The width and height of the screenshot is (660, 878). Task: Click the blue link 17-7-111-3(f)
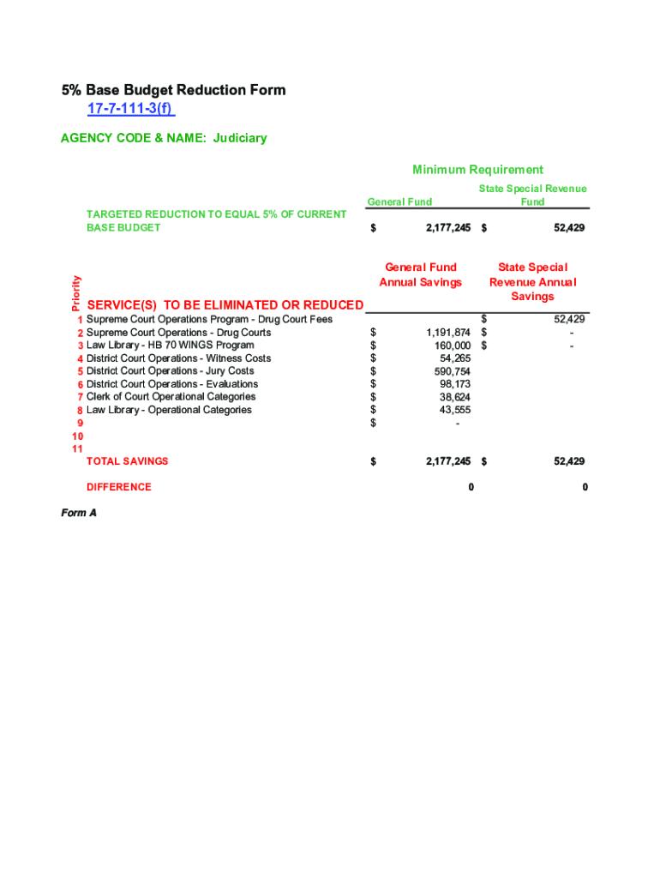click(x=130, y=109)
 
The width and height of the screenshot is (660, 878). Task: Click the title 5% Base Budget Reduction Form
click(x=173, y=90)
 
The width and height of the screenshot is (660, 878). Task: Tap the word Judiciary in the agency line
click(x=240, y=138)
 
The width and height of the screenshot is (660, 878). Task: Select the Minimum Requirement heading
click(x=477, y=170)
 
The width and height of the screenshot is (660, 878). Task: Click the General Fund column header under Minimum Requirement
click(x=399, y=201)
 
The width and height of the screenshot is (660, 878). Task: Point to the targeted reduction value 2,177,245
click(x=447, y=228)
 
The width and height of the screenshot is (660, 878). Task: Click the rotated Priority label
click(x=75, y=292)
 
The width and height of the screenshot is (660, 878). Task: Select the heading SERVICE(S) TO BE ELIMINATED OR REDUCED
click(x=225, y=305)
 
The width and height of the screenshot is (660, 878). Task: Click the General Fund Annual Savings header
click(x=420, y=274)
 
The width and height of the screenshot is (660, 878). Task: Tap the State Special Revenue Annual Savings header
click(x=532, y=281)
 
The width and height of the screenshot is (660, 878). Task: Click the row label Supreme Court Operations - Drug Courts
click(x=178, y=333)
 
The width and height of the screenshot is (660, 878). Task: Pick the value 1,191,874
click(x=447, y=333)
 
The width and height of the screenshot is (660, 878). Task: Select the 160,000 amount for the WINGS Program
click(x=453, y=346)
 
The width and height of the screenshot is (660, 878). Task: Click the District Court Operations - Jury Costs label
click(x=170, y=371)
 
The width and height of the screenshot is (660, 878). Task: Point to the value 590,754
click(x=453, y=371)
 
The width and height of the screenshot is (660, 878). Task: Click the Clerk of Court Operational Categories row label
click(x=171, y=397)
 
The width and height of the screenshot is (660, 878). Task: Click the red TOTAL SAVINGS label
click(x=127, y=461)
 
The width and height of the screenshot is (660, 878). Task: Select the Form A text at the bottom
click(x=78, y=513)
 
